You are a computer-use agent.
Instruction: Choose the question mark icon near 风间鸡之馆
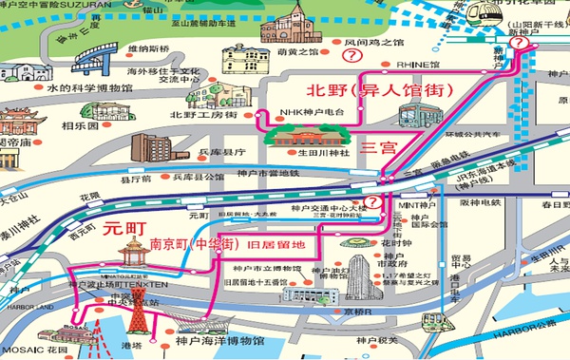tap(352, 56)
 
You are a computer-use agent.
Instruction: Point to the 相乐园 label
tap(80, 124)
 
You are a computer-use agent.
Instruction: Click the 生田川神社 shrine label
tap(322, 148)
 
